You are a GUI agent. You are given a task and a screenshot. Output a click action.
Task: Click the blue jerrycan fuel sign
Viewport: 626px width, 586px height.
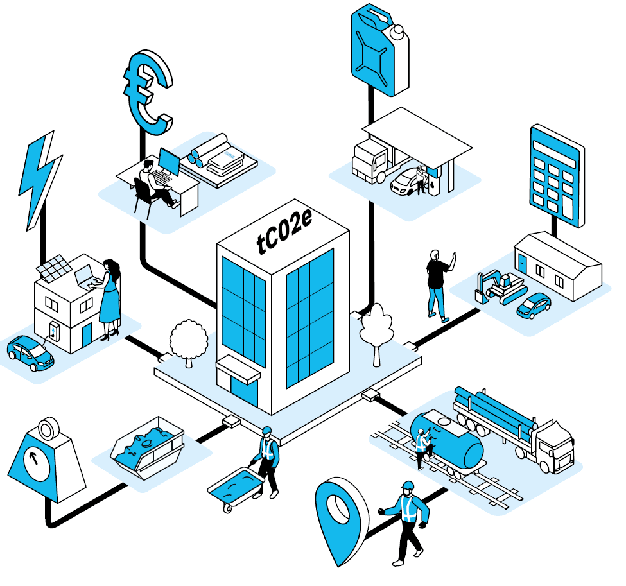[379, 50]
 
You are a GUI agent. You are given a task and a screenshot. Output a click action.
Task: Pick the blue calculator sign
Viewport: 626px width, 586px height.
[557, 176]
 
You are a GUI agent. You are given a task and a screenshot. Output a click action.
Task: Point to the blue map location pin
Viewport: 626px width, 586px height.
[340, 519]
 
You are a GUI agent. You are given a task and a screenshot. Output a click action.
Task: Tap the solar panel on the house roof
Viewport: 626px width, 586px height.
[55, 268]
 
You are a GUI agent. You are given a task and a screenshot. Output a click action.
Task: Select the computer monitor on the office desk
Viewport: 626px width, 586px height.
[170, 162]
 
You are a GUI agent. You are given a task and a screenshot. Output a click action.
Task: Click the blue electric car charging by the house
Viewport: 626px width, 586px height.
[30, 353]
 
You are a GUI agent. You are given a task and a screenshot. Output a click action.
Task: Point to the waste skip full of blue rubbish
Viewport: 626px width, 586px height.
[148, 447]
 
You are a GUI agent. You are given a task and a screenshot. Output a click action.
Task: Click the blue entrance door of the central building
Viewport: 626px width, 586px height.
[244, 390]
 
